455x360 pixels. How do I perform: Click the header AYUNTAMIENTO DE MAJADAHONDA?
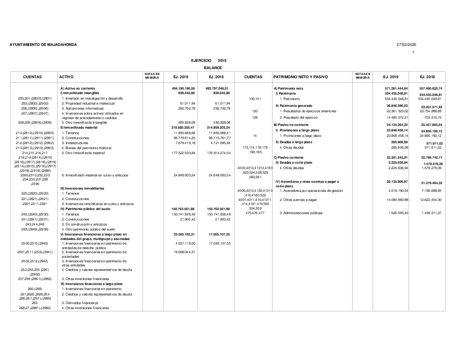[43, 45]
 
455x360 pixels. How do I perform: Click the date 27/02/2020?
[406, 45]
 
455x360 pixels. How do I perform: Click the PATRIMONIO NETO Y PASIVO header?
[300, 77]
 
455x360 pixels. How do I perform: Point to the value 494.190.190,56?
[183, 88]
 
